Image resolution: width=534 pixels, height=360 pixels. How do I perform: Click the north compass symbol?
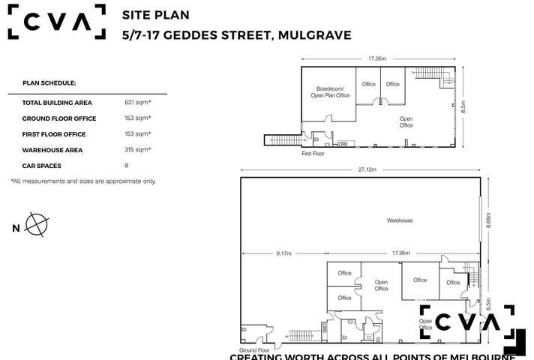click(x=37, y=224)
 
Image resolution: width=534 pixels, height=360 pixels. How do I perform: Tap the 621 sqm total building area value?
click(x=138, y=102)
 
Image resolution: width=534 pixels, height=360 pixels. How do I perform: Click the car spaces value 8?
click(x=127, y=166)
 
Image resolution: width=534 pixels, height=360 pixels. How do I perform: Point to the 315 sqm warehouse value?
click(x=138, y=150)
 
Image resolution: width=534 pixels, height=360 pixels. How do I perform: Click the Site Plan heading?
click(x=155, y=14)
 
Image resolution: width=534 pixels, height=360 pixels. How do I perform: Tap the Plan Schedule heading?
click(x=49, y=83)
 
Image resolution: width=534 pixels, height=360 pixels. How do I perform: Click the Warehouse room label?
click(x=400, y=220)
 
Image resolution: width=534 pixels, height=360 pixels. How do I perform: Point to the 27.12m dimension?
click(x=367, y=170)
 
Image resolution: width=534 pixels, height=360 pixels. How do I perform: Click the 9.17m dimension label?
click(x=283, y=253)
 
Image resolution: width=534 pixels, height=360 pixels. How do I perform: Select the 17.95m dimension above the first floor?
click(x=377, y=58)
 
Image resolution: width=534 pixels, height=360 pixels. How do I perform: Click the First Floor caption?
click(x=313, y=153)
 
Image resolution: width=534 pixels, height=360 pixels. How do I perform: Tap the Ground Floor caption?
click(x=254, y=350)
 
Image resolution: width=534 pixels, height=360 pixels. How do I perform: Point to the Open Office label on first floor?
click(x=406, y=121)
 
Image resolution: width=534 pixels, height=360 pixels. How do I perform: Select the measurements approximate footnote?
click(x=83, y=181)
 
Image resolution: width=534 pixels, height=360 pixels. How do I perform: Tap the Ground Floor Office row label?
click(x=54, y=118)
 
